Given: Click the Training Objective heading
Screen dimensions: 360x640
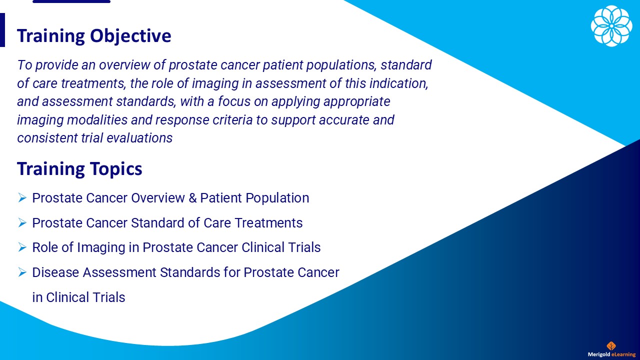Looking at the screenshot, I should [94, 36].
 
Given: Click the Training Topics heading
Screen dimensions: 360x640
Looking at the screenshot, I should [79, 169].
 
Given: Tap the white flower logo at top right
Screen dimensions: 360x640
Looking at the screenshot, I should [611, 26].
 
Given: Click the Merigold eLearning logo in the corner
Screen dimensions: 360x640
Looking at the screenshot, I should [611, 350].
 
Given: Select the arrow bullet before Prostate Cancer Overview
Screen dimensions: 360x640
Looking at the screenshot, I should [22, 198].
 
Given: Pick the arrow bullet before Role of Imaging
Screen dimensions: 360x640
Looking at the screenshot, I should [22, 247].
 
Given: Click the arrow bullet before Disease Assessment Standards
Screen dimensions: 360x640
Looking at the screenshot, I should [22, 272].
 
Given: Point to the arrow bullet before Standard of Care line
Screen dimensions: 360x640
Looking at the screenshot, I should [22, 223].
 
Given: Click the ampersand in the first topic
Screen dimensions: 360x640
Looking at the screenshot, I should [193, 198].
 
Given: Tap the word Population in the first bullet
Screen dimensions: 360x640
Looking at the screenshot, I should [279, 198].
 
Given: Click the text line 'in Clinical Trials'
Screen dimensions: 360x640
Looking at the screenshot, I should [78, 297].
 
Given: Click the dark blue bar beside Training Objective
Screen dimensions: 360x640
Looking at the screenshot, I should [2, 30].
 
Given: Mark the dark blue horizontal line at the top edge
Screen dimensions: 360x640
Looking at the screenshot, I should [71, 1].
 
